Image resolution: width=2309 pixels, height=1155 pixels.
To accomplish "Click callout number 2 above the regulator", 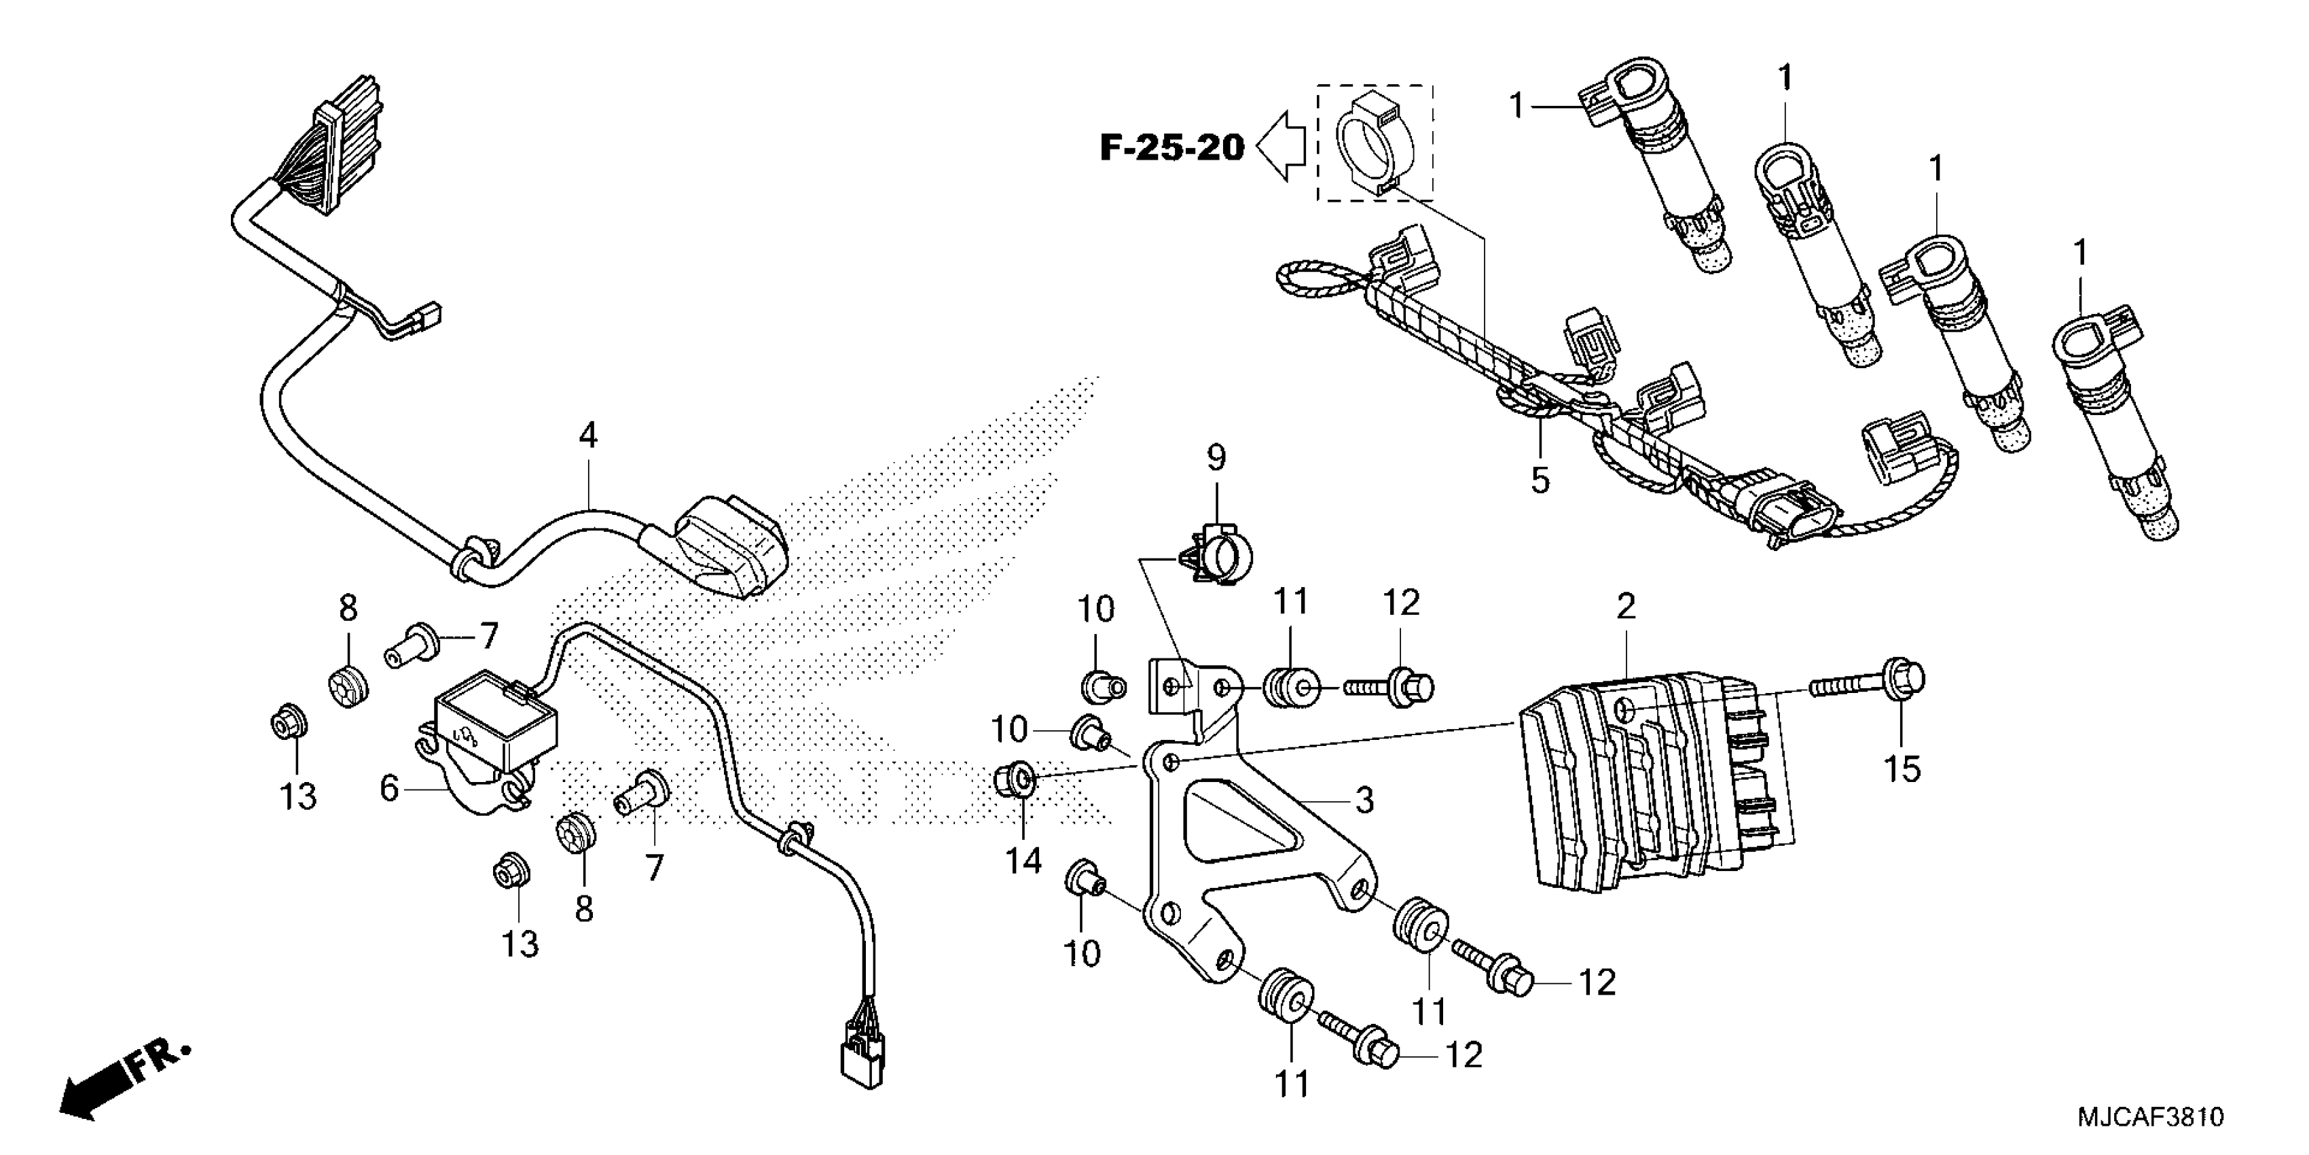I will [x=1625, y=607].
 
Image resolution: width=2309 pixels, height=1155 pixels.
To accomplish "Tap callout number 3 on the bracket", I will [x=1364, y=799].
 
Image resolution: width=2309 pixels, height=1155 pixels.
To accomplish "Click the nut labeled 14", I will [x=1014, y=781].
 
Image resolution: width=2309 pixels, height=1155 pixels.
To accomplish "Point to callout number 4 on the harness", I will [x=587, y=436].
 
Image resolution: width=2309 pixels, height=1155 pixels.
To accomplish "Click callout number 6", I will [x=388, y=788].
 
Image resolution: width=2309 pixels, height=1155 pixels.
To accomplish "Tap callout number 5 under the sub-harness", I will [x=1539, y=480].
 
